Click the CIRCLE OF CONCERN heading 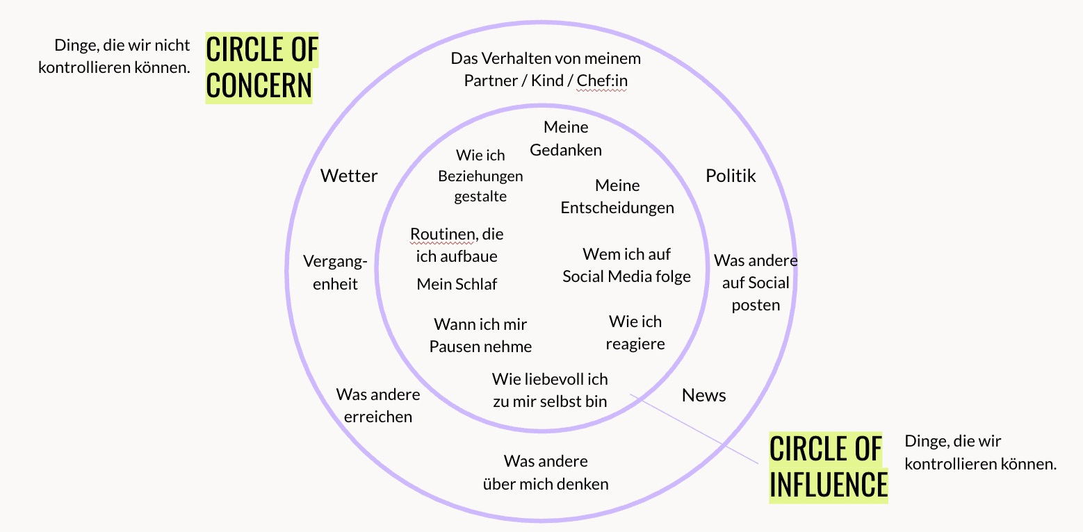[x=261, y=67]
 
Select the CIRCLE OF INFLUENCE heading [x=828, y=467]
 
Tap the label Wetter [x=348, y=176]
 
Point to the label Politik [x=730, y=176]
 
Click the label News [x=703, y=395]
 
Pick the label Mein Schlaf [x=457, y=284]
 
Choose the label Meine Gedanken [x=566, y=139]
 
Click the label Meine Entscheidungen [x=617, y=197]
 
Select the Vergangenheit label [x=335, y=272]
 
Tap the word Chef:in [x=602, y=81]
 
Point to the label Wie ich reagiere [x=635, y=333]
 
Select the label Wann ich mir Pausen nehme [x=480, y=335]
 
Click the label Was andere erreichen [x=377, y=406]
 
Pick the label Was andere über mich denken [x=546, y=472]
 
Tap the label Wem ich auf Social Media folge [x=626, y=265]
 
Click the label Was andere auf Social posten [x=756, y=283]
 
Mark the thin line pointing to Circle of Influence [x=694, y=429]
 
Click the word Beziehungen [x=480, y=176]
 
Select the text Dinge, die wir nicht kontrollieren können [x=114, y=56]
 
